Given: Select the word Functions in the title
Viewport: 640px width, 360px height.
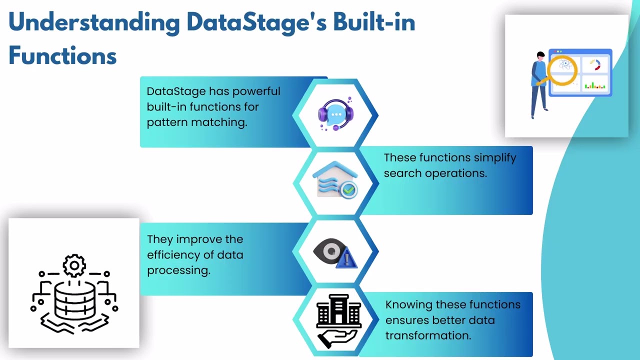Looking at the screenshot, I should pyautogui.click(x=62, y=55).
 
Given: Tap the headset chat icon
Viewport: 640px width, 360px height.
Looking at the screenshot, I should pyautogui.click(x=335, y=114).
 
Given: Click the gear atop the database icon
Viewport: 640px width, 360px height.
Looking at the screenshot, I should pyautogui.click(x=74, y=265).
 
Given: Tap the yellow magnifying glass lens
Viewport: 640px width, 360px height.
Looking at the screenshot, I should pyautogui.click(x=562, y=68).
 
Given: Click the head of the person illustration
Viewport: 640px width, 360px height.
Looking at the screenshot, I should pyautogui.click(x=540, y=55).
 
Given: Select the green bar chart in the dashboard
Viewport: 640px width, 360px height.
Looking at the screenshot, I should pyautogui.click(x=595, y=85).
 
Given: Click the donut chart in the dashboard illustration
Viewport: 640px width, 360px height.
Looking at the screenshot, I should pyautogui.click(x=595, y=65).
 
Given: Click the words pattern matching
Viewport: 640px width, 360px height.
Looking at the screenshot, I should pyautogui.click(x=196, y=122).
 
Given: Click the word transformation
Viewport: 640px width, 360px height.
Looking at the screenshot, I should pyautogui.click(x=428, y=336).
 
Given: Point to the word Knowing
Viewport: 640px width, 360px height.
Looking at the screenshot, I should pyautogui.click(x=408, y=305).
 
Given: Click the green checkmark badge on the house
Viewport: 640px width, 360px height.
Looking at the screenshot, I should pyautogui.click(x=348, y=189).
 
